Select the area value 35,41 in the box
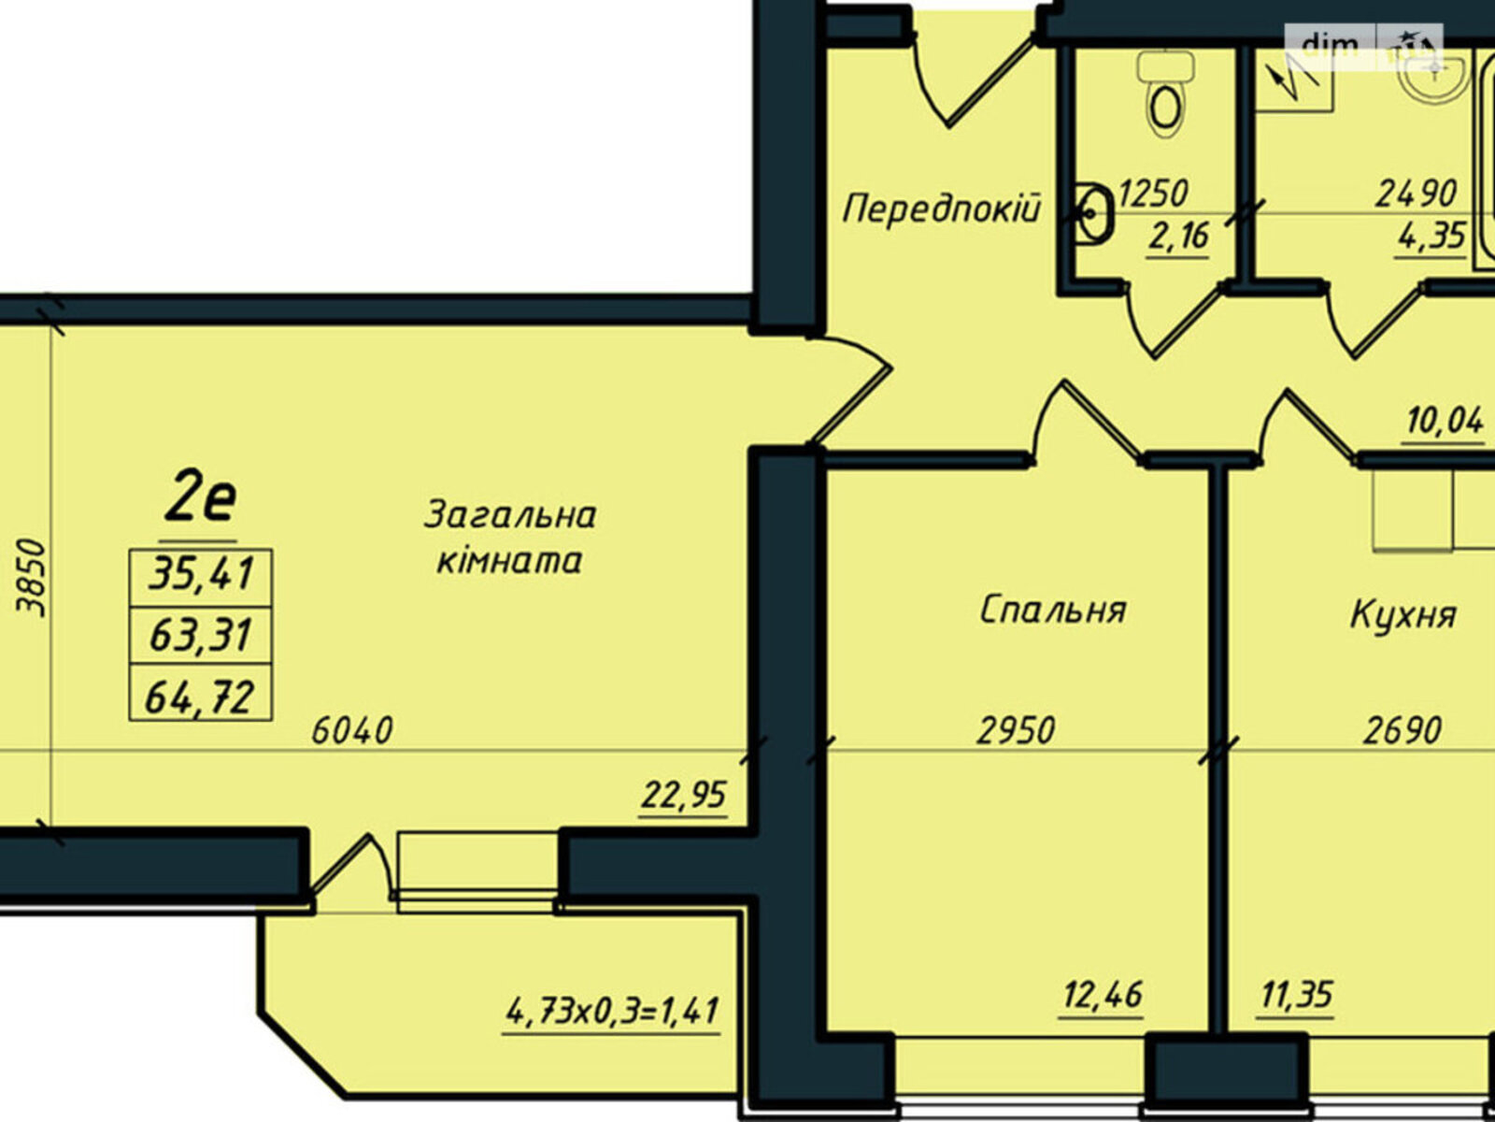click(x=201, y=572)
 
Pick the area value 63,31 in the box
click(x=201, y=634)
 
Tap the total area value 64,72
click(x=200, y=697)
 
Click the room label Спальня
click(x=1052, y=610)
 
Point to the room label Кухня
click(x=1402, y=615)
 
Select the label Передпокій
click(x=941, y=209)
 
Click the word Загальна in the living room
click(x=509, y=515)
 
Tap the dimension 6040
click(x=352, y=731)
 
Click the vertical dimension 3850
click(x=32, y=578)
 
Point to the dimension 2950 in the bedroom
click(x=1016, y=730)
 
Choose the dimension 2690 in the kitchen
click(x=1402, y=731)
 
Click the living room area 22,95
click(x=684, y=795)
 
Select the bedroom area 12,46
click(x=1102, y=995)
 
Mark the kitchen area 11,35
click(x=1296, y=995)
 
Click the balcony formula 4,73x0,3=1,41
click(x=612, y=1011)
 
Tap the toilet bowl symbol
click(x=1165, y=96)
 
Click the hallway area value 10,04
click(x=1444, y=422)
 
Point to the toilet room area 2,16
click(x=1178, y=237)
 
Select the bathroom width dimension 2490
click(x=1416, y=194)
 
